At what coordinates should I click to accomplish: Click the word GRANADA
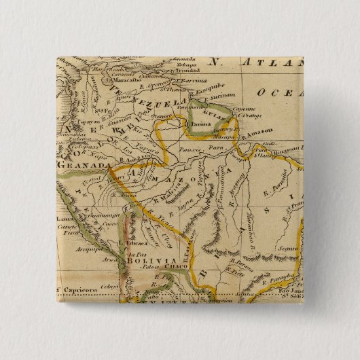coord(84,165)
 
